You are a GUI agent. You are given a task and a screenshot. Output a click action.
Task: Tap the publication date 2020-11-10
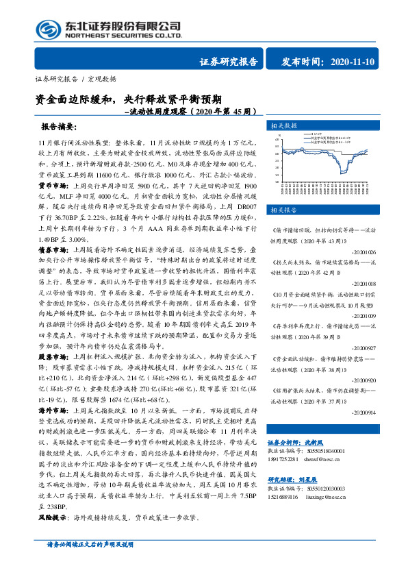[351, 62]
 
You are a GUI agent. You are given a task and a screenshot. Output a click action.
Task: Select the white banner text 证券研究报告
[229, 62]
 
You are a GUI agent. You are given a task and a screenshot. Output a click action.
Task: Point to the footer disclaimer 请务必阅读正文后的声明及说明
[94, 563]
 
